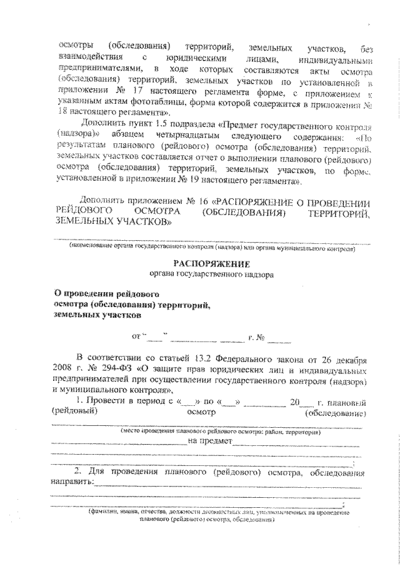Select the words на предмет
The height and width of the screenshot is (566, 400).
pyautogui.click(x=209, y=441)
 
